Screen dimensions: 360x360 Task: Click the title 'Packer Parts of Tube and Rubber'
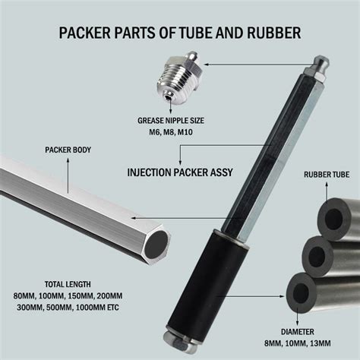(x=180, y=33)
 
